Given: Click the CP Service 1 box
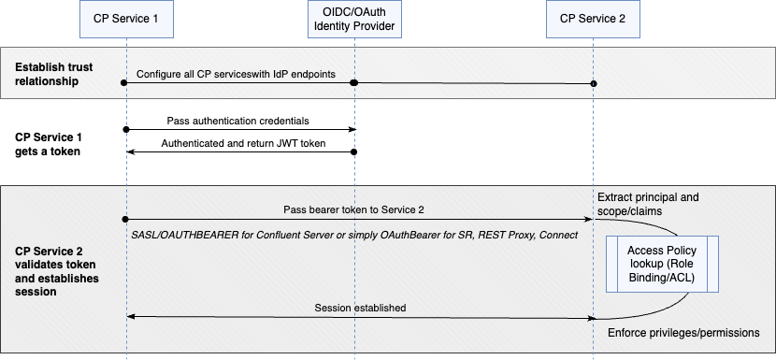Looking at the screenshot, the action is [124, 19].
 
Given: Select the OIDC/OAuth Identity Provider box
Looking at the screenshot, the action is [355, 19].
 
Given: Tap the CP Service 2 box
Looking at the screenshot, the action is [593, 19].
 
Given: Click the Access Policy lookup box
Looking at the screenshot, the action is [663, 265].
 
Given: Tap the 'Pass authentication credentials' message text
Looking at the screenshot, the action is [237, 121].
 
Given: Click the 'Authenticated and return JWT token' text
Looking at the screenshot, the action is [237, 143].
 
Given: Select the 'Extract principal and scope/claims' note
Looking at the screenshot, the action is [646, 205].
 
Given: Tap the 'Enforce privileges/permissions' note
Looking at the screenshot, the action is [683, 333].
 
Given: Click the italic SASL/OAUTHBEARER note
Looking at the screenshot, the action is [355, 234].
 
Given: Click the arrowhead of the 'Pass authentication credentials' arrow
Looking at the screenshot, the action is [352, 130].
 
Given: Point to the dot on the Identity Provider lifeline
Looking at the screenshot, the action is [354, 83].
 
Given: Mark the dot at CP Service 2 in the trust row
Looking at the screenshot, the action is [594, 84].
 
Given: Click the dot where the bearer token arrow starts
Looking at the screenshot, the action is [124, 219].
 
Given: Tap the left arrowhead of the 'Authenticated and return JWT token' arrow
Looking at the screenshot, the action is [130, 152].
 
